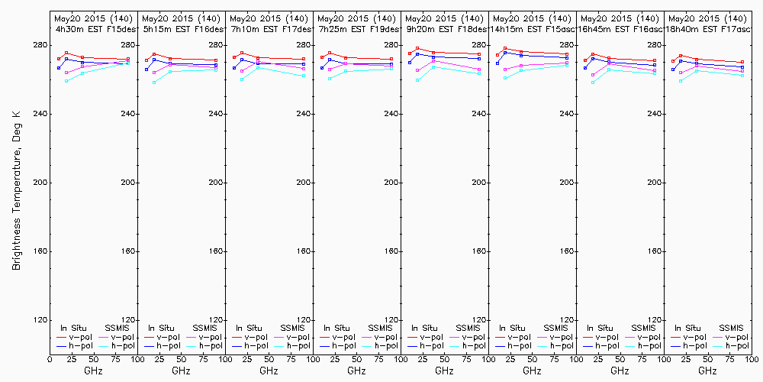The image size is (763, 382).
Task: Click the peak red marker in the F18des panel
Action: tap(417, 49)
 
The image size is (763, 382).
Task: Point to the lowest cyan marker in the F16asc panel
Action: tap(593, 82)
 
